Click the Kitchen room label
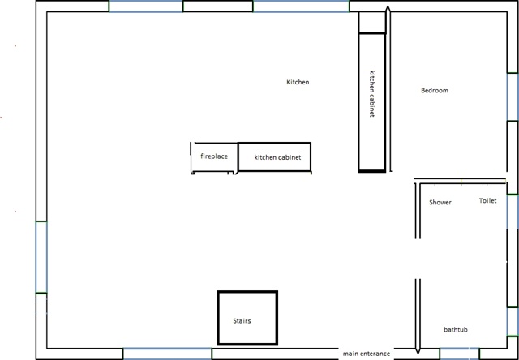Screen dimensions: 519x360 click(298, 82)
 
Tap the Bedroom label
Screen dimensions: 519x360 click(435, 90)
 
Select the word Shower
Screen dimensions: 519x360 click(440, 202)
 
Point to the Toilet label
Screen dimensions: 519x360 click(488, 200)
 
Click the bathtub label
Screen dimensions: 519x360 click(456, 329)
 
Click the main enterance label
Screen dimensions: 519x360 click(367, 354)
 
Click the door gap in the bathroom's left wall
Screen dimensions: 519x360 click(418, 259)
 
